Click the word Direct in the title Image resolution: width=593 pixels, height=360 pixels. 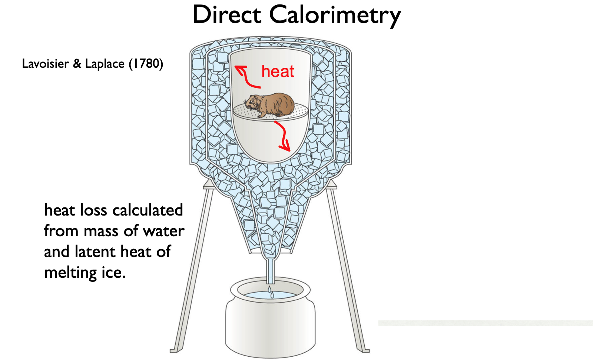click(227, 15)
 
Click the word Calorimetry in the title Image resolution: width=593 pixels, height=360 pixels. click(335, 16)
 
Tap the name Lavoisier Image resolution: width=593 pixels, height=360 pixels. click(46, 64)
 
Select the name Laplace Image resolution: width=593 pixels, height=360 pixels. click(105, 64)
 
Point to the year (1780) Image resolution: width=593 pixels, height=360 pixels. click(146, 64)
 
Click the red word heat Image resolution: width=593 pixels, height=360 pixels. click(278, 71)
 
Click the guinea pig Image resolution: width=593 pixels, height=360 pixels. click(271, 104)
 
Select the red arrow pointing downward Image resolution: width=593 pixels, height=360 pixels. click(283, 136)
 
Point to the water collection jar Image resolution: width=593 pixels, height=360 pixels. click(271, 322)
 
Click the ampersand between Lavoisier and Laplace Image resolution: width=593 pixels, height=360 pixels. click(77, 64)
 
